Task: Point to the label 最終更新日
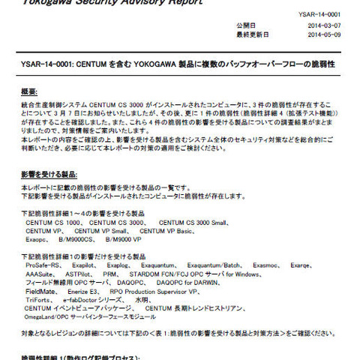pyautogui.click(x=250, y=34)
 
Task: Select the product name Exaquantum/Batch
pyautogui.click(x=214, y=265)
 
